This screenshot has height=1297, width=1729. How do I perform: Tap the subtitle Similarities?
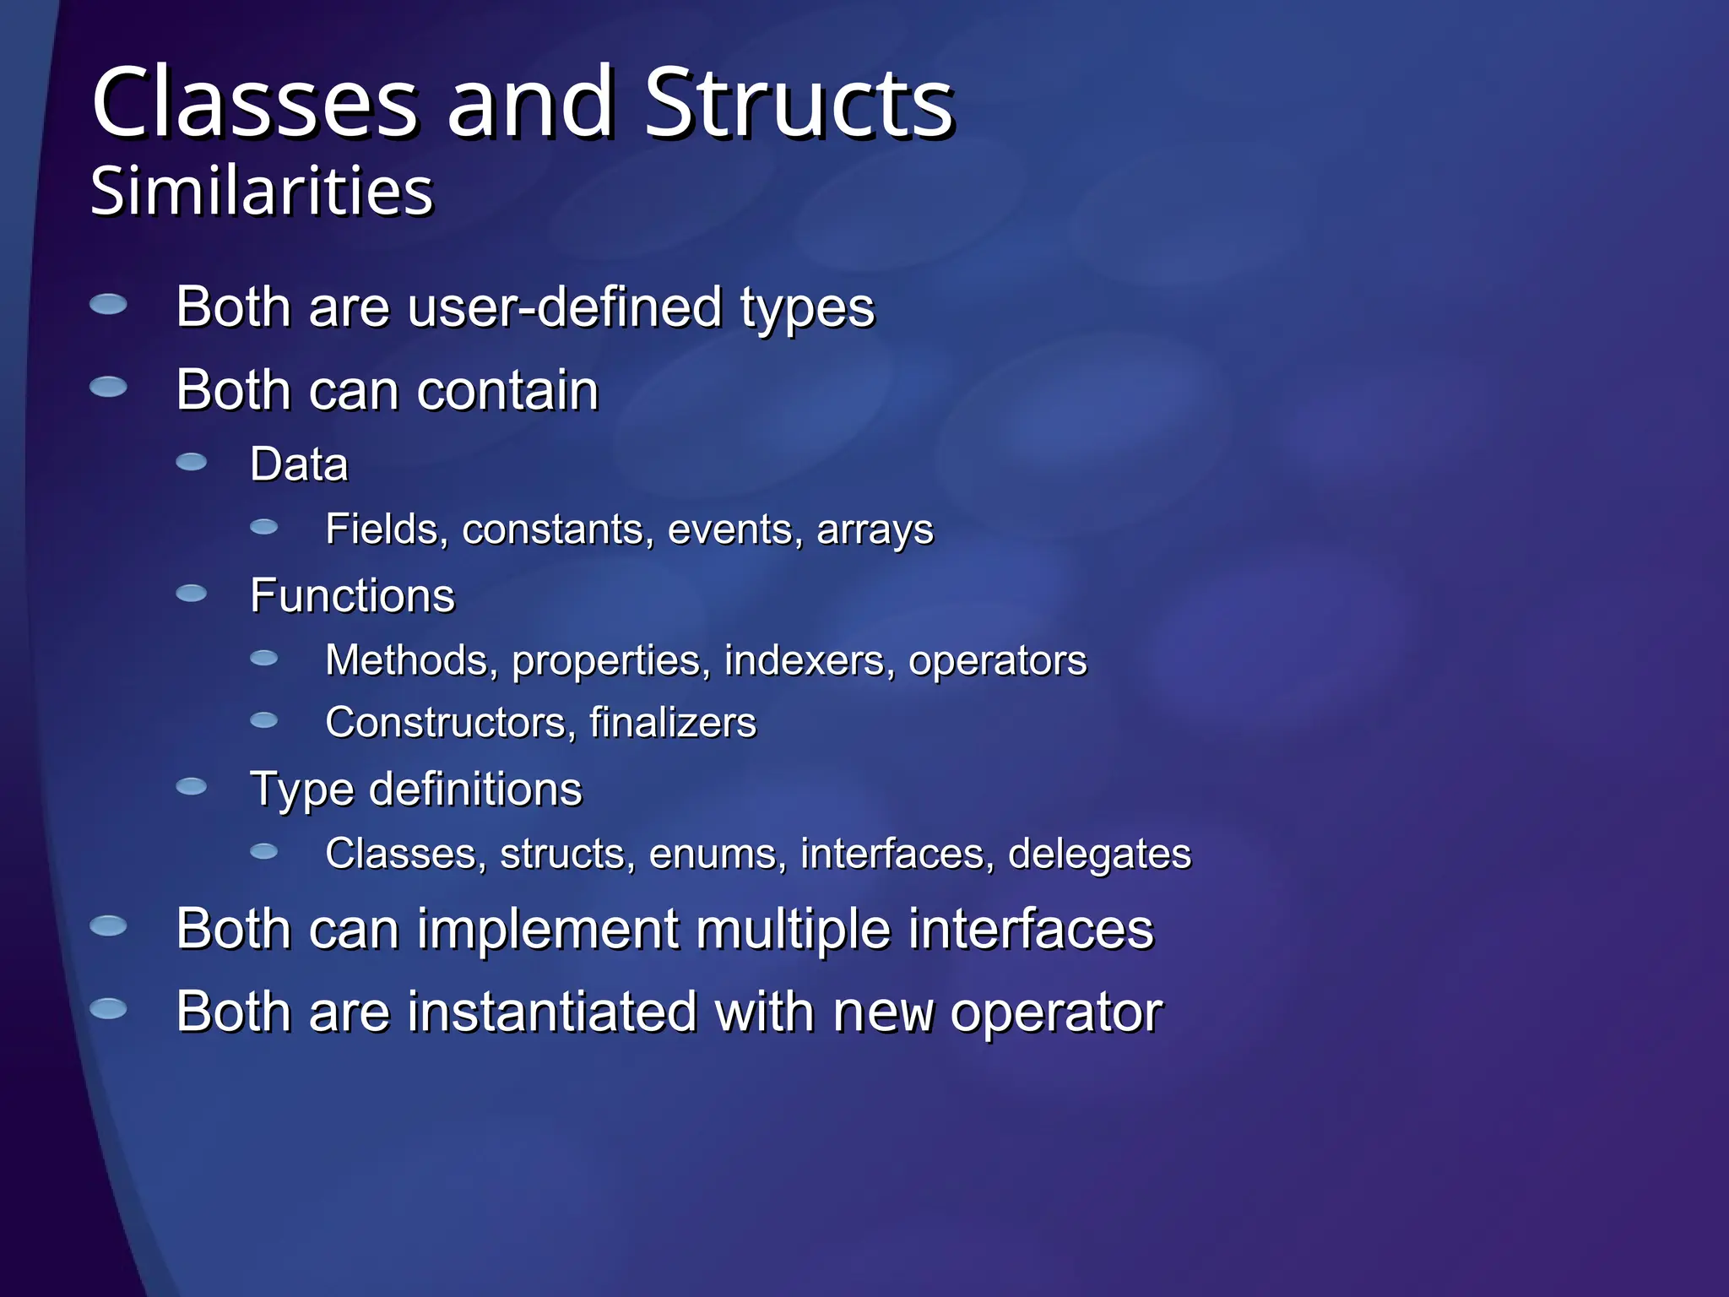coord(262,192)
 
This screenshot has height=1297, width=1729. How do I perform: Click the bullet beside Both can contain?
coord(108,388)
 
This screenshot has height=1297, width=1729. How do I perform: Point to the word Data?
coord(299,464)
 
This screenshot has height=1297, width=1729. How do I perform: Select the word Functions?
coord(352,596)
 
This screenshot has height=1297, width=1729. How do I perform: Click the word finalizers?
coord(673,724)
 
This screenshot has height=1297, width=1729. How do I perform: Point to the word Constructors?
coord(446,724)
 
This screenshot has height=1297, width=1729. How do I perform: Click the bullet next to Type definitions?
coord(192,787)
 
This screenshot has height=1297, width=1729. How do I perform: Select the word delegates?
coord(1099,855)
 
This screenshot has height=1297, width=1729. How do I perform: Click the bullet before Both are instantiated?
coord(108,1008)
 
